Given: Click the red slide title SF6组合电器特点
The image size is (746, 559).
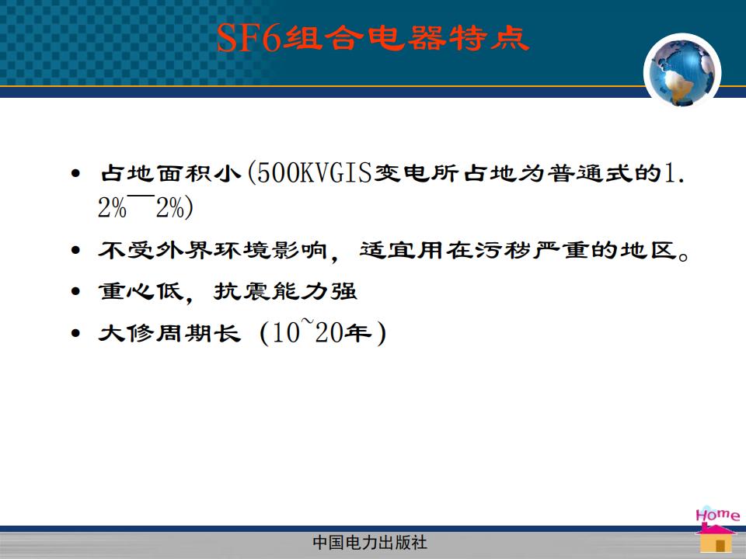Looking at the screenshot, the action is pos(373,37).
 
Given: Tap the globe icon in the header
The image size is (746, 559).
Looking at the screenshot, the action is pos(682,71).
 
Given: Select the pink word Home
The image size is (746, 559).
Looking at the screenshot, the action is pos(717,514).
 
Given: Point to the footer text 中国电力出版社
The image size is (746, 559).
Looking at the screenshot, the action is pos(370,542).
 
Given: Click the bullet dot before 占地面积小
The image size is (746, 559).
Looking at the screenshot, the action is pos(75,173).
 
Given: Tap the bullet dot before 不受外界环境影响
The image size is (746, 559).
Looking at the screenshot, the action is pos(75,250).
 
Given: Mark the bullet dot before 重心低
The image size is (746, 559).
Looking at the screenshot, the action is pos(75,291).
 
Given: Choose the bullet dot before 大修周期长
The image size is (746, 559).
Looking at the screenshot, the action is pos(75,333).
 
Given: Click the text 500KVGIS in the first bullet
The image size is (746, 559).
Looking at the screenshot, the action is pos(314,172).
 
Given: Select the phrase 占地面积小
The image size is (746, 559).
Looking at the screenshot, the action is pos(170,173).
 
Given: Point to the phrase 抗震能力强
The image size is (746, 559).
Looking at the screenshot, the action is pos(285,291).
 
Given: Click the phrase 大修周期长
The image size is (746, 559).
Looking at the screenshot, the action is pos(169,333).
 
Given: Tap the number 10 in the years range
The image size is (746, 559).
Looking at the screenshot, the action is pos(286,333).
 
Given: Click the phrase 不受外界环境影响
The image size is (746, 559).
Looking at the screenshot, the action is pos(213,250).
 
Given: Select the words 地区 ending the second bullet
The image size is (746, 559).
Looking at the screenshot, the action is pos(648,250).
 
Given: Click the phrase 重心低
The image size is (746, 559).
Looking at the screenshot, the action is pos(141,291).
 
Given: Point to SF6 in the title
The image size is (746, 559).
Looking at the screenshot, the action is pos(249,37).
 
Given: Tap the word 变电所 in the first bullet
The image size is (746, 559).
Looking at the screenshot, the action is pos(416,173).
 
